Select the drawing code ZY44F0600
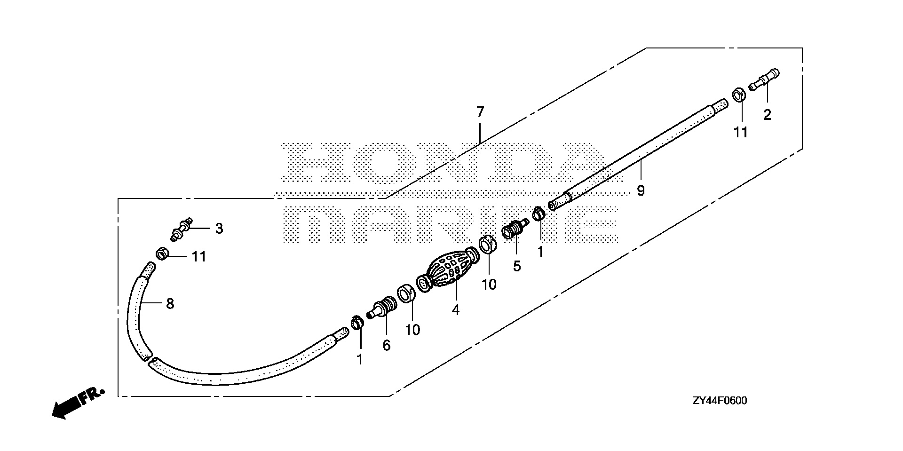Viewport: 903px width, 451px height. (x=720, y=401)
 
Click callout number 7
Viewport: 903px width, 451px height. (x=480, y=112)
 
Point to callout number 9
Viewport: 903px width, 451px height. (x=641, y=190)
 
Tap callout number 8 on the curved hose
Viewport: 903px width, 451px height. (x=170, y=304)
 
